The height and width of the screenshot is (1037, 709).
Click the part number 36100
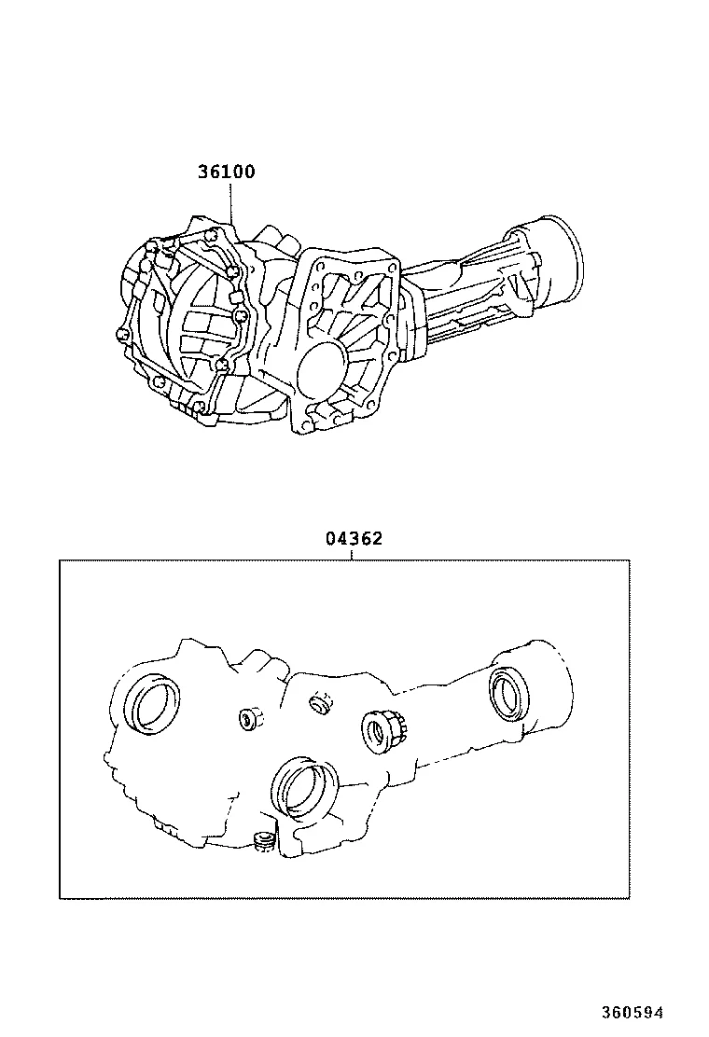coord(226,173)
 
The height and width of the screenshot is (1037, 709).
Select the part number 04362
coord(354,539)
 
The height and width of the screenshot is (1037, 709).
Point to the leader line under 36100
coord(230,200)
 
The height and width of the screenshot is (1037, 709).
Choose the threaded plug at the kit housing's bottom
coord(262,842)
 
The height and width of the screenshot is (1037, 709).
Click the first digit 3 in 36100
coord(202,173)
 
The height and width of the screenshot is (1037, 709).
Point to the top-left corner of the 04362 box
coord(60,560)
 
